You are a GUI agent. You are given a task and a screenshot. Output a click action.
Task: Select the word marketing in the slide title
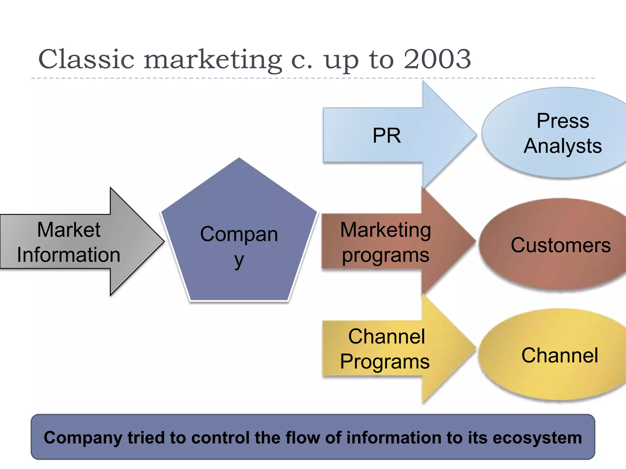(x=213, y=60)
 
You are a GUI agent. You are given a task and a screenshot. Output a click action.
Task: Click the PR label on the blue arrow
(x=387, y=136)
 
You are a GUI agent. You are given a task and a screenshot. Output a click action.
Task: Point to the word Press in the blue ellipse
(x=563, y=121)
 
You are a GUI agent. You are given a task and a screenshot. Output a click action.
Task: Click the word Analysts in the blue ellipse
(x=563, y=146)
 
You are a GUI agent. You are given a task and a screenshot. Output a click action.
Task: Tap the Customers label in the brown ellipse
(x=561, y=245)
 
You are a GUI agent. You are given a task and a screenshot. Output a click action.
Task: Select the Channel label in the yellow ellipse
(x=560, y=355)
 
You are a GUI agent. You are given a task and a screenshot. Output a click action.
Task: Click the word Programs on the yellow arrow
(x=385, y=362)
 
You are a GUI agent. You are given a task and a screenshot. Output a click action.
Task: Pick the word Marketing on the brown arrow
(x=386, y=230)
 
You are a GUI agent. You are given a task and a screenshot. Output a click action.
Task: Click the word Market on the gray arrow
(x=69, y=230)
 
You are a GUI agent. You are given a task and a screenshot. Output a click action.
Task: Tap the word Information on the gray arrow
(x=69, y=255)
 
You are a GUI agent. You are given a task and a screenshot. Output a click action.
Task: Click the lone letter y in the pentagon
(x=239, y=260)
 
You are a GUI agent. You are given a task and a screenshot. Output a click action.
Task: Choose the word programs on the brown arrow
(x=386, y=255)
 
